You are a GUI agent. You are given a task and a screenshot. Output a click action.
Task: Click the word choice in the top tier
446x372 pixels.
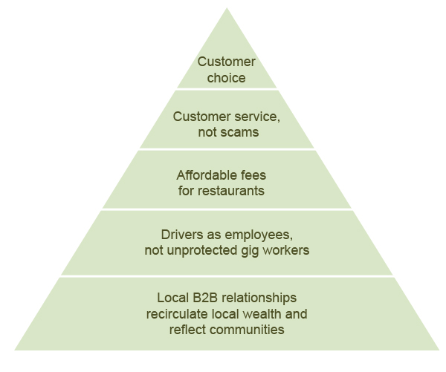click(227, 77)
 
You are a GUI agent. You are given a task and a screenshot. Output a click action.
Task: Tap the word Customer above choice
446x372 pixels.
click(227, 62)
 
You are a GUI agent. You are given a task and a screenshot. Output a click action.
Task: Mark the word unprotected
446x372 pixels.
click(200, 250)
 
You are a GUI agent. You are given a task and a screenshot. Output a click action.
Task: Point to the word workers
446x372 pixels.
click(286, 250)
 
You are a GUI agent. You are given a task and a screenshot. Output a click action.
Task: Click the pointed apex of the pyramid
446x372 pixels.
click(227, 9)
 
